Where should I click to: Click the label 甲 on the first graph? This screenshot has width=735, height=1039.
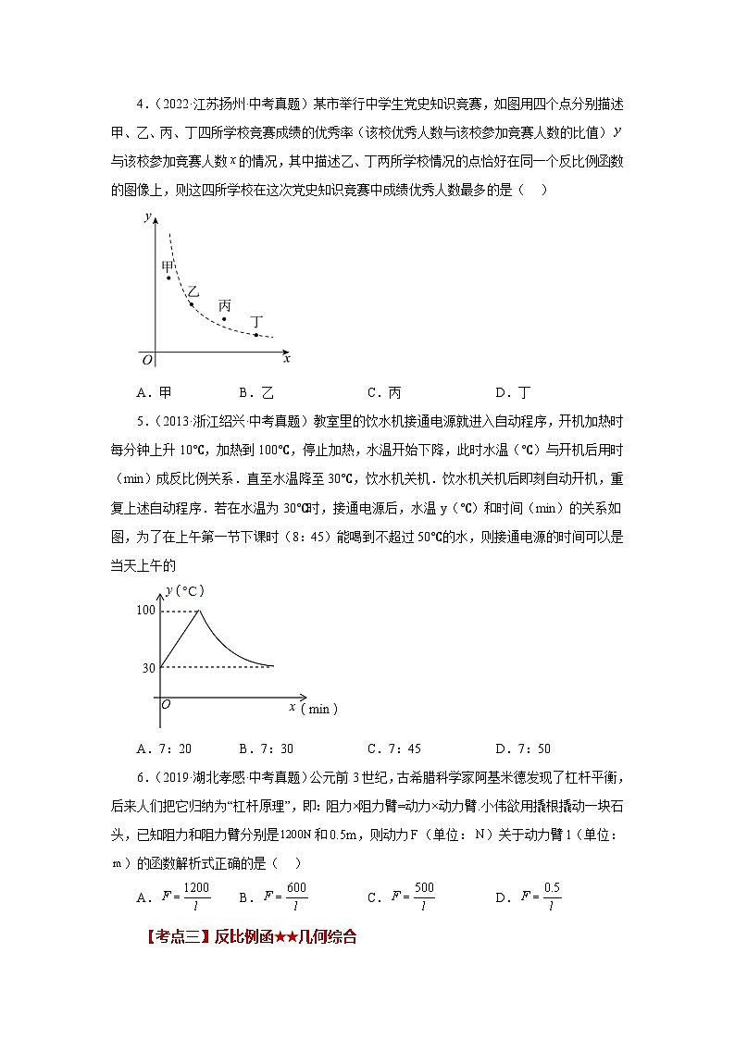point(168,266)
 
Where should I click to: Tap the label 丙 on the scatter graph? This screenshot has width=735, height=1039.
point(225,305)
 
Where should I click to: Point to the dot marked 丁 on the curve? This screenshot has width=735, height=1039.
point(256,334)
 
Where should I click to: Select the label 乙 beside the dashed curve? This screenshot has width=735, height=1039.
point(193,292)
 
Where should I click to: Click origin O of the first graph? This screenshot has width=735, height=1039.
point(145,358)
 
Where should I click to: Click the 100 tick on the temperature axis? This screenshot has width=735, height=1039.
point(145,610)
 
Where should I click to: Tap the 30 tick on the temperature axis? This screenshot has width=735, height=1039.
point(148,667)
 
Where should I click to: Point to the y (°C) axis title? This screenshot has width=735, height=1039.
point(184,589)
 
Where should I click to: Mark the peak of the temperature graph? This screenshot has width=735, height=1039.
point(200,611)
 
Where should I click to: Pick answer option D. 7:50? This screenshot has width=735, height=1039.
point(523,748)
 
